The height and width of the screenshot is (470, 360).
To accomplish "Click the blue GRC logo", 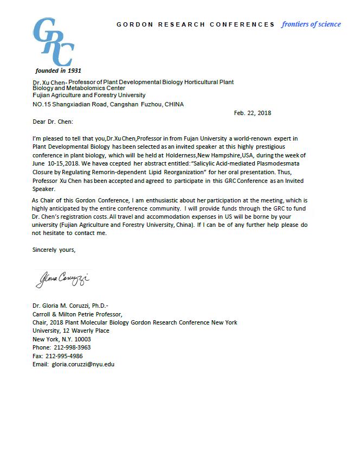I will tap(53, 42).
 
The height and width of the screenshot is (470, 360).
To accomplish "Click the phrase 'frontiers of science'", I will tap(311, 24).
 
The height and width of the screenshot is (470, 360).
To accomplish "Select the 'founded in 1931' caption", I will tap(58, 71).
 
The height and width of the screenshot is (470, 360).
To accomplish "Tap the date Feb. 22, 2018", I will tap(253, 113).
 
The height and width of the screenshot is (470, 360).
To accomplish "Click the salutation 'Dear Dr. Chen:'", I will tap(53, 122).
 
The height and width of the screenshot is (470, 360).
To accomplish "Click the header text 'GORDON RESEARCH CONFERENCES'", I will tap(196, 24).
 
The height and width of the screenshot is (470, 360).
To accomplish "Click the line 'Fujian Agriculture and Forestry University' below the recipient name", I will tap(89, 95).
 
